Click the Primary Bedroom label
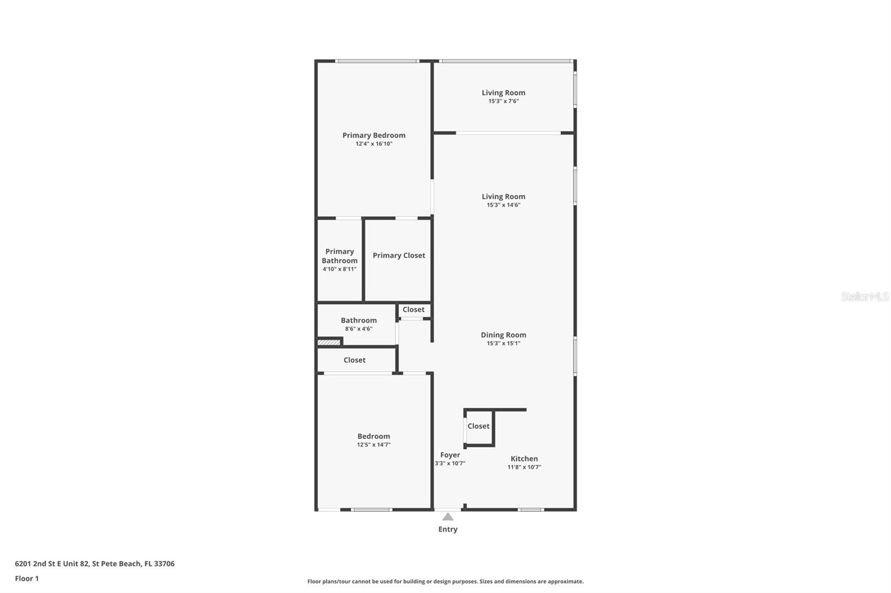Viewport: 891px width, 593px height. [374, 135]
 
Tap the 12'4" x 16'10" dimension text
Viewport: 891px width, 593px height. [374, 144]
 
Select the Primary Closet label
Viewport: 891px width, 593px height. [399, 255]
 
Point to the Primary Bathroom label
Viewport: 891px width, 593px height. [340, 256]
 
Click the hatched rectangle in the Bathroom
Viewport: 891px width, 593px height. [329, 342]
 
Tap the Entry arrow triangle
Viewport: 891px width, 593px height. [448, 517]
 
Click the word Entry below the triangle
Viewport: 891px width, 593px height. [448, 529]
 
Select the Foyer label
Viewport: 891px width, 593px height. [450, 455]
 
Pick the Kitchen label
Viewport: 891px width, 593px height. [524, 459]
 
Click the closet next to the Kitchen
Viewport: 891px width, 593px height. [479, 426]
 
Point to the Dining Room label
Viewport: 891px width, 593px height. [503, 335]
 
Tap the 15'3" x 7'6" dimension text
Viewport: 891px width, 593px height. [503, 101]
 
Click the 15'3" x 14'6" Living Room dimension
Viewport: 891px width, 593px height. [503, 205]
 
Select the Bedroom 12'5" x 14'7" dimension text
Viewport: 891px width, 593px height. [374, 445]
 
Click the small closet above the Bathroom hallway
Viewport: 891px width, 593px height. [413, 310]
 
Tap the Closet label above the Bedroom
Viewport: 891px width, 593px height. [354, 360]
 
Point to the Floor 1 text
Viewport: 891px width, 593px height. [27, 579]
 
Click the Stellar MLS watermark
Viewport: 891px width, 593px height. [864, 296]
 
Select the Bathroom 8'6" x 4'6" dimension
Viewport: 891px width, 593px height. [359, 329]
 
